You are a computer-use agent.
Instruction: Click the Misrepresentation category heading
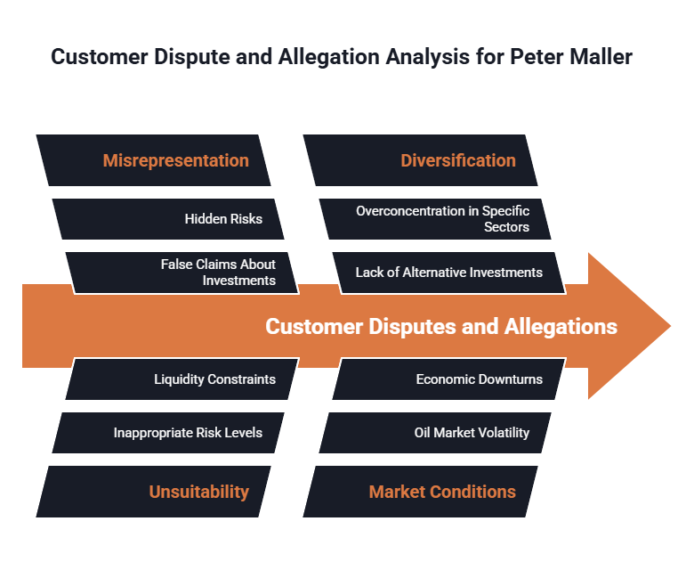pos(175,160)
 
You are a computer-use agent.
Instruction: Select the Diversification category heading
pos(457,160)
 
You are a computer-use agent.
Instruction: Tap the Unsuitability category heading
pos(198,492)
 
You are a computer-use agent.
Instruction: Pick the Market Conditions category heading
pos(442,492)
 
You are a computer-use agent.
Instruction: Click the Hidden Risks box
pos(223,218)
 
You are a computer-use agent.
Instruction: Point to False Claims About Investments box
pos(218,272)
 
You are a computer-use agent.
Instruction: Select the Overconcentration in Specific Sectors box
pos(442,218)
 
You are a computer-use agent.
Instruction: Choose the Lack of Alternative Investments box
pos(448,272)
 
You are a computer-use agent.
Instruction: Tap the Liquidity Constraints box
pos(214,379)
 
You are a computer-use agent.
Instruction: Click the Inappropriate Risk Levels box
pos(188,433)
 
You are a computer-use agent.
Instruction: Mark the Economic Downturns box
pos(479,379)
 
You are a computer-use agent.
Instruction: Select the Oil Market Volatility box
pos(472,433)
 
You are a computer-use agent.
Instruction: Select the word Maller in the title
pos(602,57)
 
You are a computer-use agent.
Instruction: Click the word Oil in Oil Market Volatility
pos(423,433)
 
